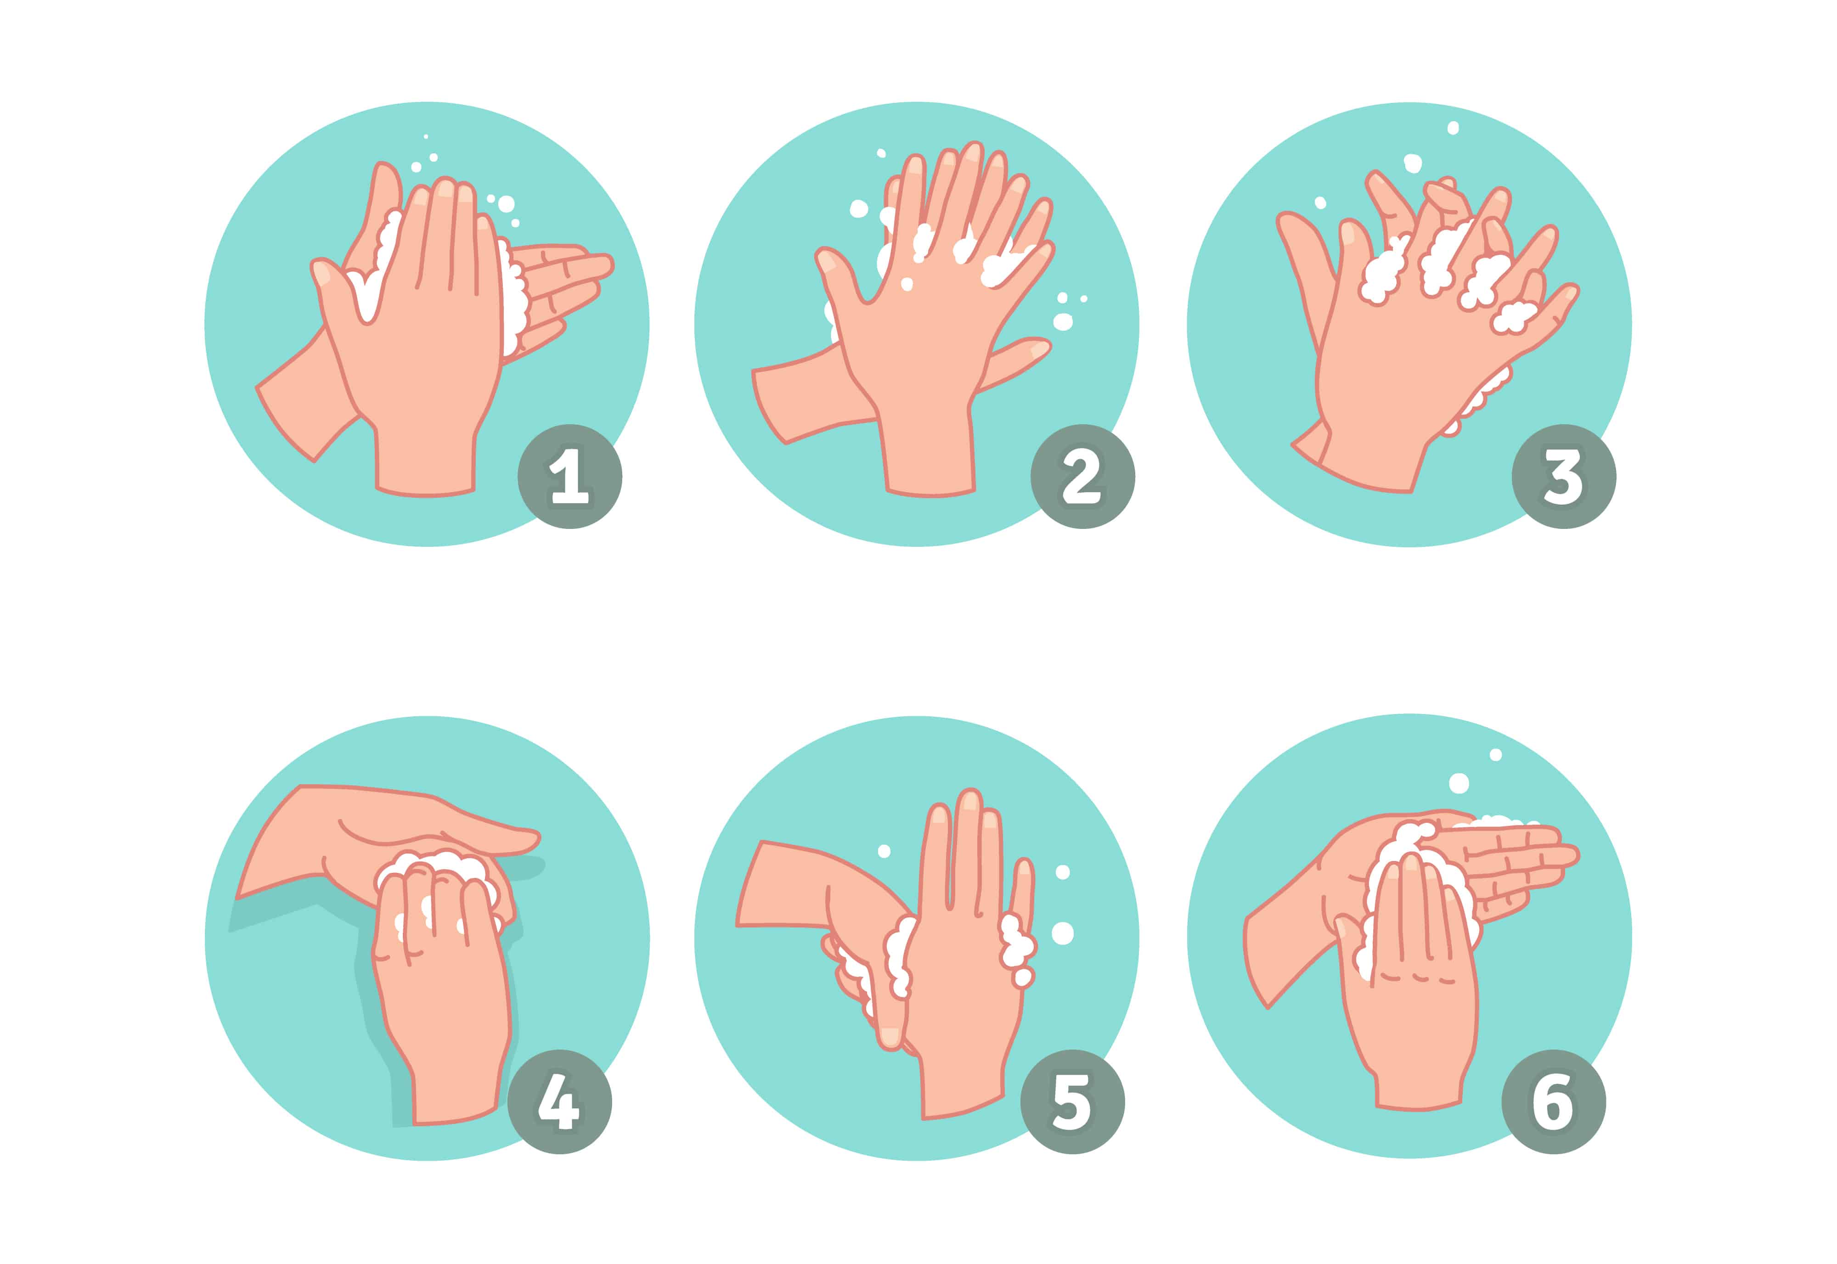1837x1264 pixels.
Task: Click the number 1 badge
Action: pos(569,477)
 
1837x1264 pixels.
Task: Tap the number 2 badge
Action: pos(1082,477)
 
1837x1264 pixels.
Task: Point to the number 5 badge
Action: pos(1072,1102)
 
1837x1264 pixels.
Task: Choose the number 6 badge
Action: pos(1553,1102)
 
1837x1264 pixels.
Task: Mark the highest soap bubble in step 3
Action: pos(1452,128)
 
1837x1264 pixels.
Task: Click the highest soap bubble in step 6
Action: pos(1496,755)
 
